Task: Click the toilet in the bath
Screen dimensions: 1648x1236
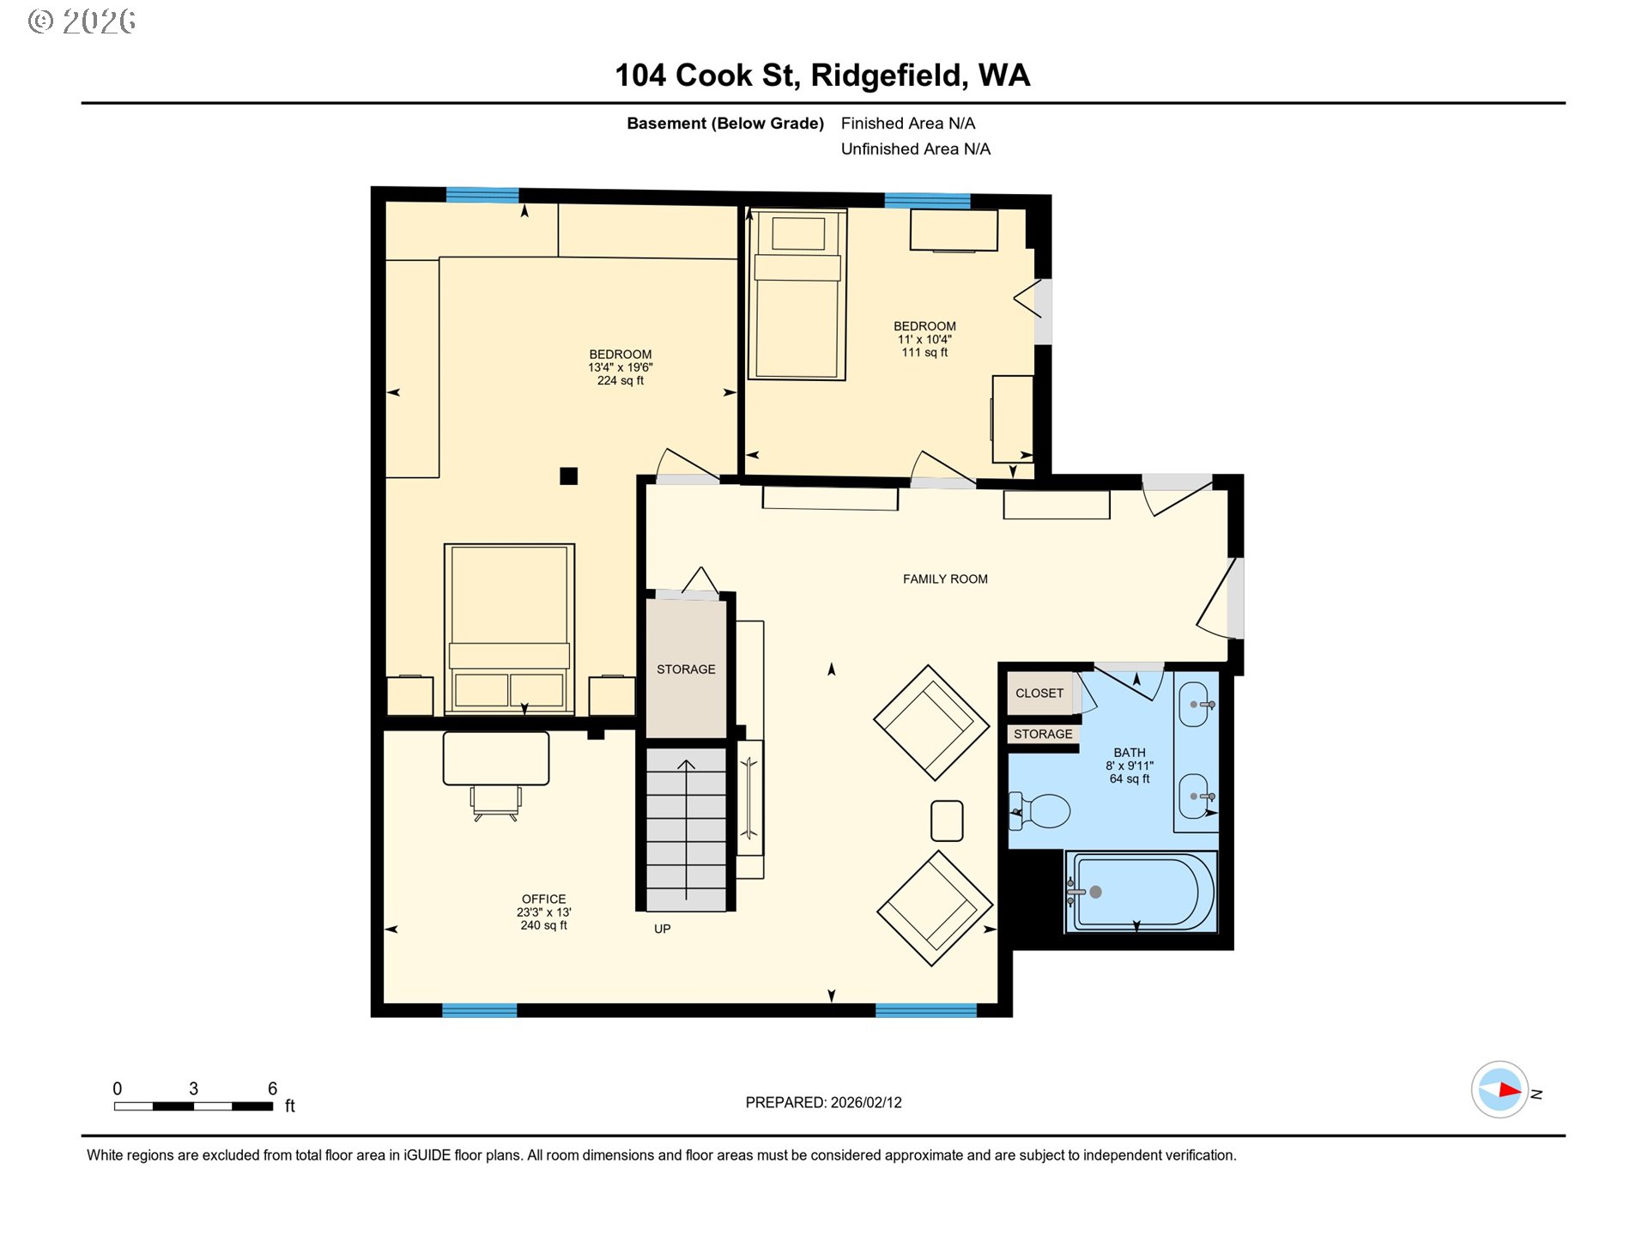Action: click(x=1040, y=810)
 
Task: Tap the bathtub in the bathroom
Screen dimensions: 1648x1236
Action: click(x=1141, y=892)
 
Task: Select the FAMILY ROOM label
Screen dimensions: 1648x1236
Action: click(x=945, y=579)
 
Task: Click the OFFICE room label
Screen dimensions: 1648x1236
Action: click(x=543, y=899)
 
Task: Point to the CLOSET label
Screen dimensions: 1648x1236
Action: click(x=1039, y=693)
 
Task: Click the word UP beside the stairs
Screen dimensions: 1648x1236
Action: click(x=662, y=929)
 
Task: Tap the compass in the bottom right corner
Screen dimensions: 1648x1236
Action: click(x=1500, y=1090)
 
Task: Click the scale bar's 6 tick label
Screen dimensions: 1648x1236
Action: click(x=272, y=1088)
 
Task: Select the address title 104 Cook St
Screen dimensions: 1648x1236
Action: click(x=706, y=76)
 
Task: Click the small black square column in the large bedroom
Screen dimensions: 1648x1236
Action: click(x=568, y=476)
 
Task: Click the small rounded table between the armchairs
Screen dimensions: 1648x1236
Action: click(x=947, y=821)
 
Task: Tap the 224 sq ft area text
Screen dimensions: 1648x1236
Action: click(x=621, y=380)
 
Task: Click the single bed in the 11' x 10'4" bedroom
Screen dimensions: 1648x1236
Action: click(x=797, y=294)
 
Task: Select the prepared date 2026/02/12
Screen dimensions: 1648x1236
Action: click(x=866, y=1102)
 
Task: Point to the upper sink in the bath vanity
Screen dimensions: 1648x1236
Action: click(x=1195, y=705)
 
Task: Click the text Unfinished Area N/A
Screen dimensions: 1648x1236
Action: click(x=915, y=149)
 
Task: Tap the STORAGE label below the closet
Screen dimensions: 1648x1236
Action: click(x=1043, y=734)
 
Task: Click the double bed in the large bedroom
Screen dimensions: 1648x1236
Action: click(x=509, y=629)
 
